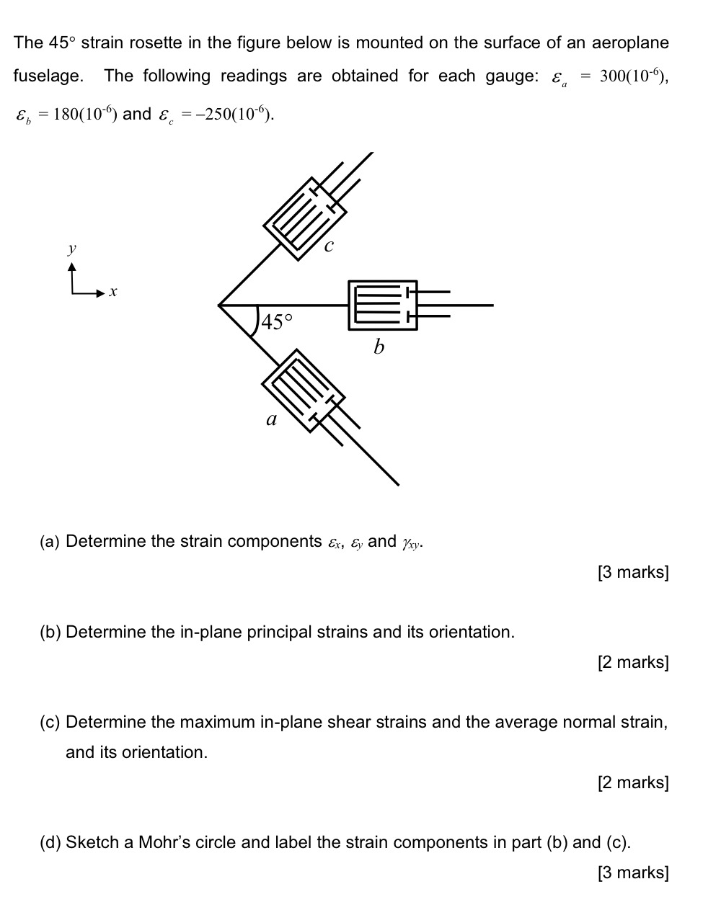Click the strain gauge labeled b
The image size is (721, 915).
(383, 305)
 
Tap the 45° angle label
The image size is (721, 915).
(278, 321)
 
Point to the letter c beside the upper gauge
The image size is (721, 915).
(329, 246)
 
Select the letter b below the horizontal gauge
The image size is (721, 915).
(379, 347)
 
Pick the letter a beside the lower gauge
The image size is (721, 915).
(272, 419)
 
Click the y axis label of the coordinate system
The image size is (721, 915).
(71, 249)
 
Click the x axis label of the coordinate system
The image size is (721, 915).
(112, 293)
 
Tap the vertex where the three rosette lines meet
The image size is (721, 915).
(220, 305)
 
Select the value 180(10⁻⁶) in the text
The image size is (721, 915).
(84, 115)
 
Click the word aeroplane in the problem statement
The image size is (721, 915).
(630, 43)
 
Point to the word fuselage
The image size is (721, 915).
(48, 76)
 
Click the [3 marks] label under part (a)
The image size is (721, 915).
(633, 573)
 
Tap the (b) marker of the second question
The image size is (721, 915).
(50, 633)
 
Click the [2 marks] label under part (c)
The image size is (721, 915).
(633, 782)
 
